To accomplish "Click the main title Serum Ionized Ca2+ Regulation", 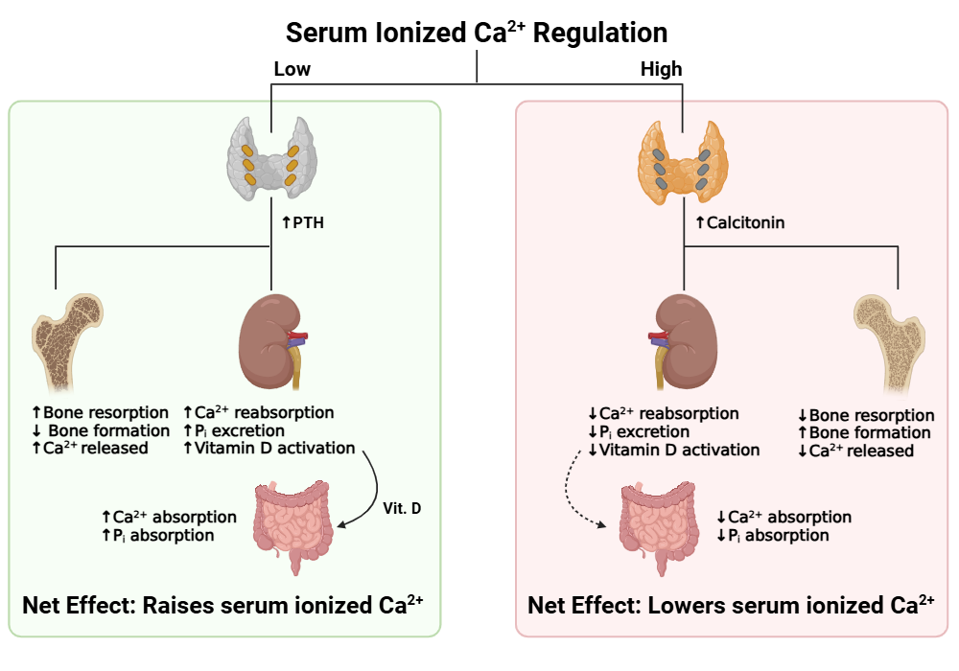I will pos(477,32).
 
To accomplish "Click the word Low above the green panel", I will pos(292,69).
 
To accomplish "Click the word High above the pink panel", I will pos(661,69).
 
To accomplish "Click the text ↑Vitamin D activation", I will pos(269,448).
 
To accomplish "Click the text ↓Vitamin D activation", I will pos(674,450).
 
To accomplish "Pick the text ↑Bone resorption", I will pos(101,413).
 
